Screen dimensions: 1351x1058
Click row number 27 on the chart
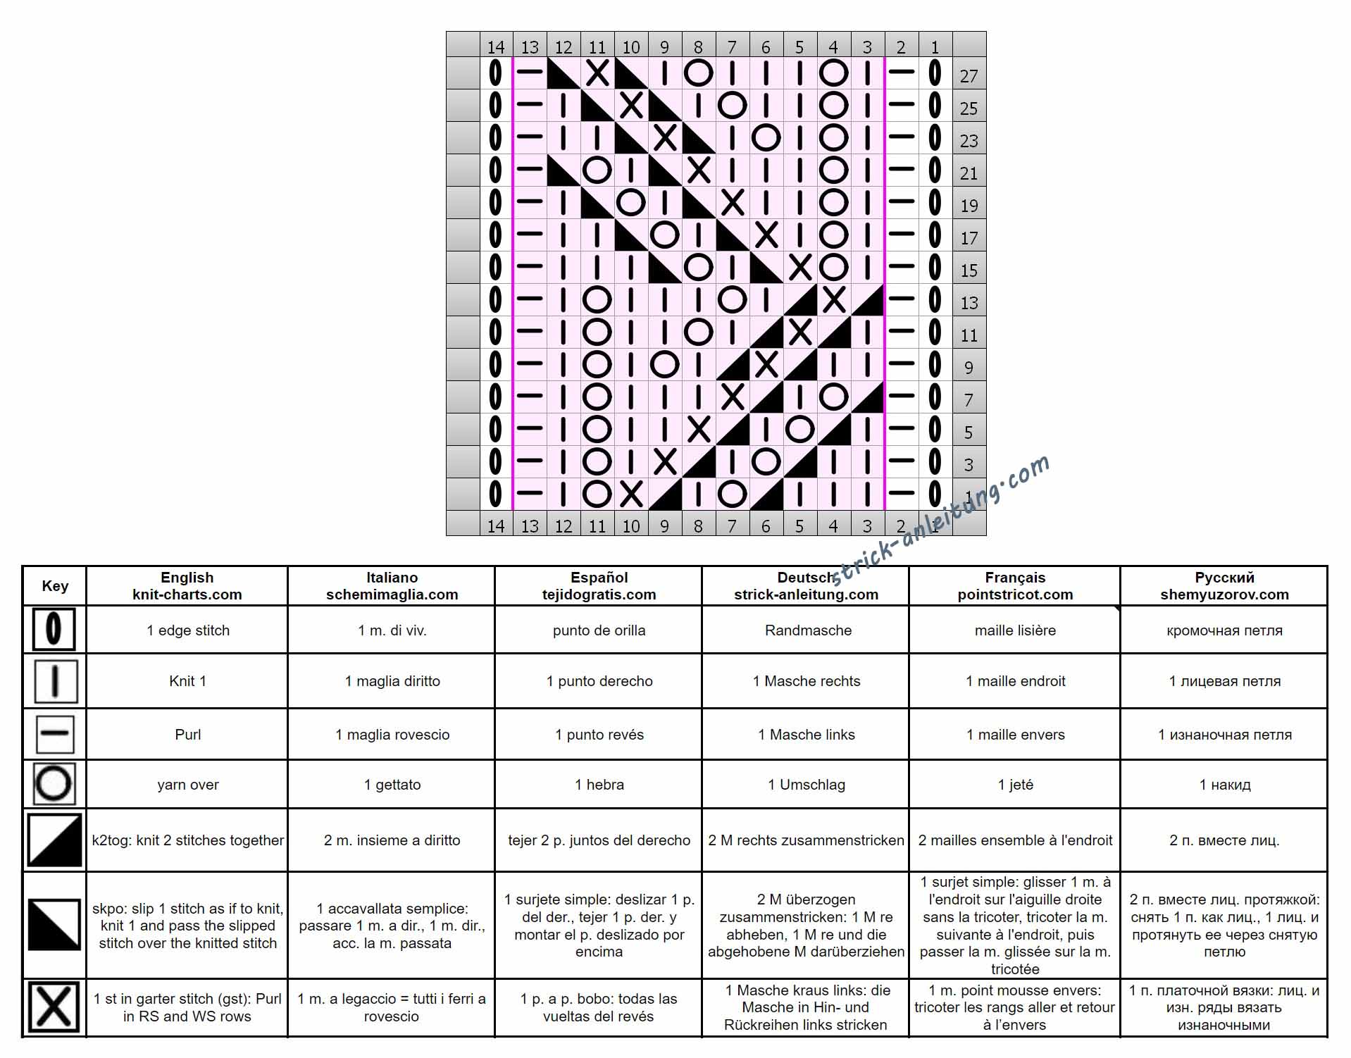tap(969, 76)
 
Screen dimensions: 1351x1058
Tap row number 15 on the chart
tap(969, 270)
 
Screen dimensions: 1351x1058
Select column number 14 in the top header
tap(496, 47)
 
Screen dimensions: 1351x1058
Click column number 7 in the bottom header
tap(732, 525)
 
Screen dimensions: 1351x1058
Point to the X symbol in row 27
tap(597, 73)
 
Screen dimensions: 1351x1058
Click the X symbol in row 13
tap(834, 299)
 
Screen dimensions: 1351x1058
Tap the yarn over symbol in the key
tap(54, 783)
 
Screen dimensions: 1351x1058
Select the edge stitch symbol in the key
tap(54, 629)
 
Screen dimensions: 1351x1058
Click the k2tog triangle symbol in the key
tap(54, 840)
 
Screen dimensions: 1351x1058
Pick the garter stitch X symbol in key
tap(54, 1008)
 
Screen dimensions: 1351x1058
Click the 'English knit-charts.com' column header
tap(187, 586)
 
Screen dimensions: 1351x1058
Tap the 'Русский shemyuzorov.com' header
tap(1224, 586)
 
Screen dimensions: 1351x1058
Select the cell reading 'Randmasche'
tap(808, 630)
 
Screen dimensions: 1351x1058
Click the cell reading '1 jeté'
tap(1015, 785)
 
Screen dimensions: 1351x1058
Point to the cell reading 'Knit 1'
tap(187, 681)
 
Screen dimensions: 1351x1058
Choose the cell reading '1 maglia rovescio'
tap(392, 735)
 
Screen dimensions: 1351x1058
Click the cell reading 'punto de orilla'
tap(599, 630)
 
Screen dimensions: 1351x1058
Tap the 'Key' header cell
tap(55, 586)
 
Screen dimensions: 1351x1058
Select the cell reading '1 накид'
tap(1225, 785)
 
